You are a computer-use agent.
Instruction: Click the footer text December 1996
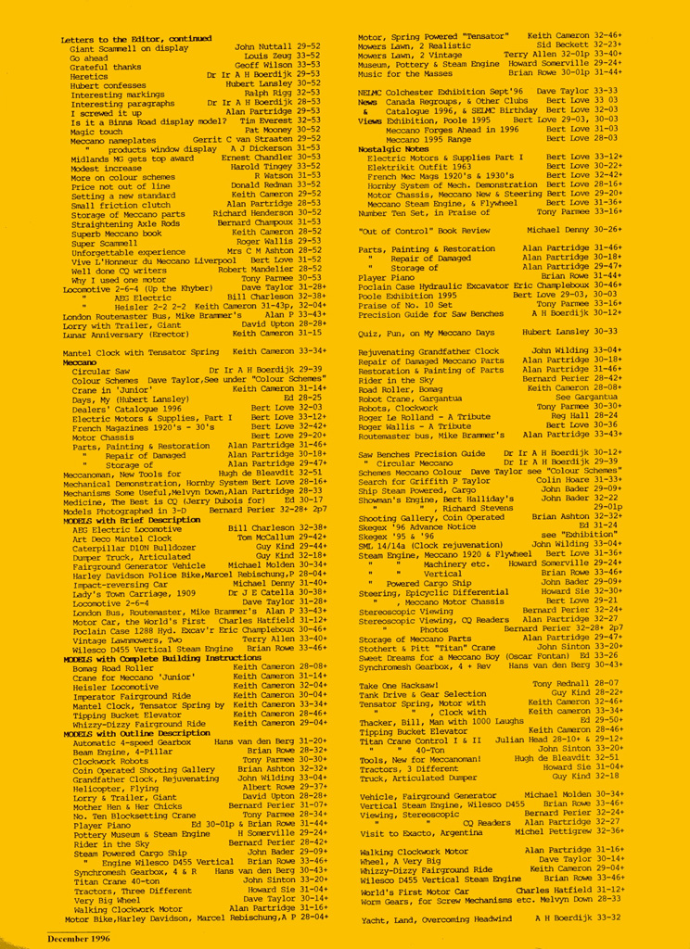[x=78, y=938]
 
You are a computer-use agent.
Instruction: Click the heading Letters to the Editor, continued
[x=136, y=39]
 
